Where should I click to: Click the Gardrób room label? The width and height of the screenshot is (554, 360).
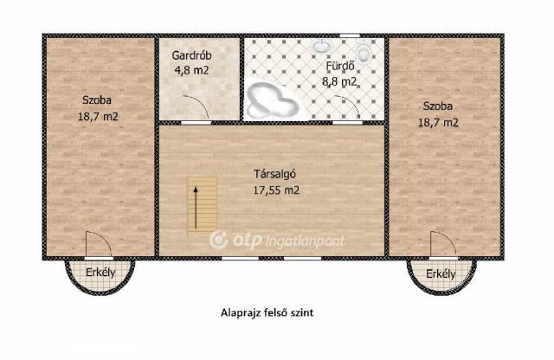191,55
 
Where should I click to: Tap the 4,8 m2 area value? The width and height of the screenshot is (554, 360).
191,70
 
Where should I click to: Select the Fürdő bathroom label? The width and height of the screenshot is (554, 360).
340,66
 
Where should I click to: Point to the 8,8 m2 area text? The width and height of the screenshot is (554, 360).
339,81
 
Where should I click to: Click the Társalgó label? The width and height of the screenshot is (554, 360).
275,174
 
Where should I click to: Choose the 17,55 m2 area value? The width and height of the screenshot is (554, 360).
276,190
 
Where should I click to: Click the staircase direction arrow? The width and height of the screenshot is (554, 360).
195,208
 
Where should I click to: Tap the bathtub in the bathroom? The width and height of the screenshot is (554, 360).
271,101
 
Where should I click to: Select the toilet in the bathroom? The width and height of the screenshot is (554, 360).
363,51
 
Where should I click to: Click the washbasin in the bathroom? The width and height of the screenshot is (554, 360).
321,46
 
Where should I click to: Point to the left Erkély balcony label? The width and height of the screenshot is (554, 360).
100,273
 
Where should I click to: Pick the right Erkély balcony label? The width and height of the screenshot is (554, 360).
441,273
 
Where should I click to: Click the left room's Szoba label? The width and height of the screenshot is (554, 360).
97,100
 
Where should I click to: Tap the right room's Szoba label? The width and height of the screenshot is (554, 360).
438,106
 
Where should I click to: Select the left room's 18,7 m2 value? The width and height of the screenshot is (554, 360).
98,116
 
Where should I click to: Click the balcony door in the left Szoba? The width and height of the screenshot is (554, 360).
99,244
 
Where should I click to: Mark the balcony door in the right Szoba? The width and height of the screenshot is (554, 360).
443,244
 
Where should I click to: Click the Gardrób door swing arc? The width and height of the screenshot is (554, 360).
201,101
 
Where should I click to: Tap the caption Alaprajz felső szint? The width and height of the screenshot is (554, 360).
267,313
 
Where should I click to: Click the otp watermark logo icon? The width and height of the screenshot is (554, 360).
218,240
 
